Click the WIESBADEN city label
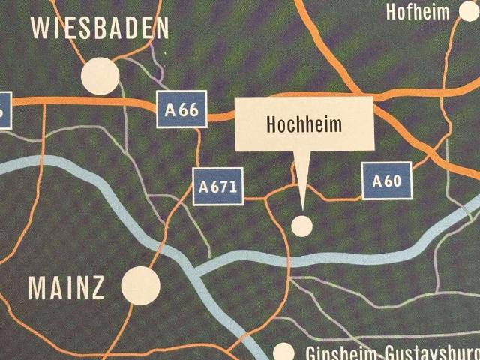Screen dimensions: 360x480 [x=100, y=28]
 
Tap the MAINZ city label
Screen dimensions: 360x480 [x=66, y=288]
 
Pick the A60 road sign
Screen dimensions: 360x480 [x=386, y=181]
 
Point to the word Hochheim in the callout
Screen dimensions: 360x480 [x=304, y=124]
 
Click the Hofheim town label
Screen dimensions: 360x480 [x=418, y=11]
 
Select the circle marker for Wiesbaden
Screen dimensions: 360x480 [x=100, y=75]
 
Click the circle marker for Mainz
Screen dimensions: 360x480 [x=140, y=286]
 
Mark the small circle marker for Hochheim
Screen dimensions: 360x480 [x=302, y=225]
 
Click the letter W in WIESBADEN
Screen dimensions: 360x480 [x=40, y=28]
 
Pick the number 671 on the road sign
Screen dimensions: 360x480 [x=225, y=187]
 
